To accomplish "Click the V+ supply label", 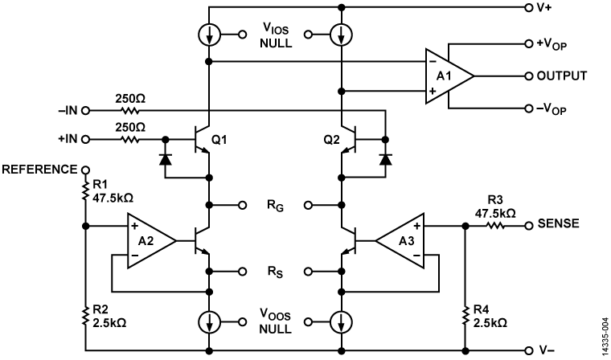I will (545, 7).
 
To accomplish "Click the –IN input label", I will (68, 110).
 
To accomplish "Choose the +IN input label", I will (68, 139).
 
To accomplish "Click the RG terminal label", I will (276, 206).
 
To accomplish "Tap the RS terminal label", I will (276, 272).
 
